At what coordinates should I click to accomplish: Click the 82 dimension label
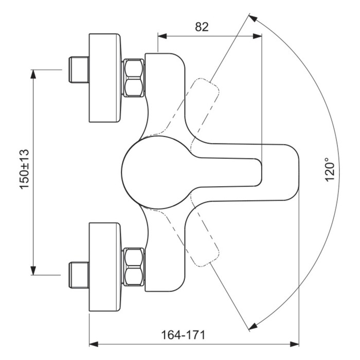tap(202, 27)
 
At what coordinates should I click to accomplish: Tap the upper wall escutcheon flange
tap(105, 78)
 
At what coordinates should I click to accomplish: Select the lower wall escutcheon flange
tap(105, 266)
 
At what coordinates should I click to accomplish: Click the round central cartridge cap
tap(154, 172)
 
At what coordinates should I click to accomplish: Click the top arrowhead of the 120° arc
tap(251, 18)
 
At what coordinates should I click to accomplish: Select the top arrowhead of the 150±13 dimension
tap(34, 74)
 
